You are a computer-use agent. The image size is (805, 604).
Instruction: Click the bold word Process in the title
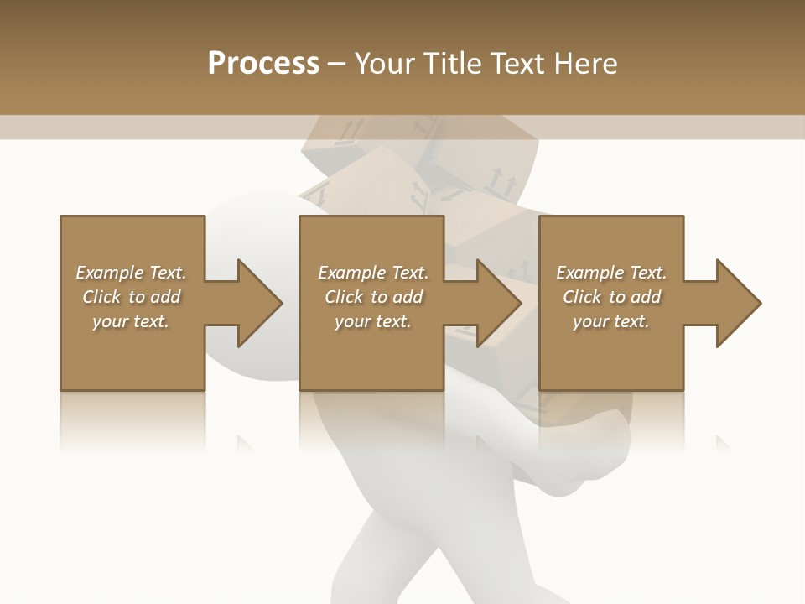coord(263,64)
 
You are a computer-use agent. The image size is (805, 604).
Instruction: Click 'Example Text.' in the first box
coord(131,273)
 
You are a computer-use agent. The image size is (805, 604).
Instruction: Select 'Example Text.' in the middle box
coord(373,273)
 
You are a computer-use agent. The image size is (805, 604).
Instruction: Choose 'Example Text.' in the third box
coord(611,273)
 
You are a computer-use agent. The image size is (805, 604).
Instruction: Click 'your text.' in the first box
coord(131,321)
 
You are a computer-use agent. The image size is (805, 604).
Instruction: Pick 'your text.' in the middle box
coord(373,321)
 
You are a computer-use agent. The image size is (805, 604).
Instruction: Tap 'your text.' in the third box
coord(611,321)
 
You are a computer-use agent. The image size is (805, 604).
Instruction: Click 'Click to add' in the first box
coord(131,297)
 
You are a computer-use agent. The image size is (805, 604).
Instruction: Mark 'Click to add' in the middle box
coord(373,297)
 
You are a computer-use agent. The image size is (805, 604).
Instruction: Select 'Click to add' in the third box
coord(611,297)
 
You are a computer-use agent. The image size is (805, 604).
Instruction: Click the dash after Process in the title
coord(337,64)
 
